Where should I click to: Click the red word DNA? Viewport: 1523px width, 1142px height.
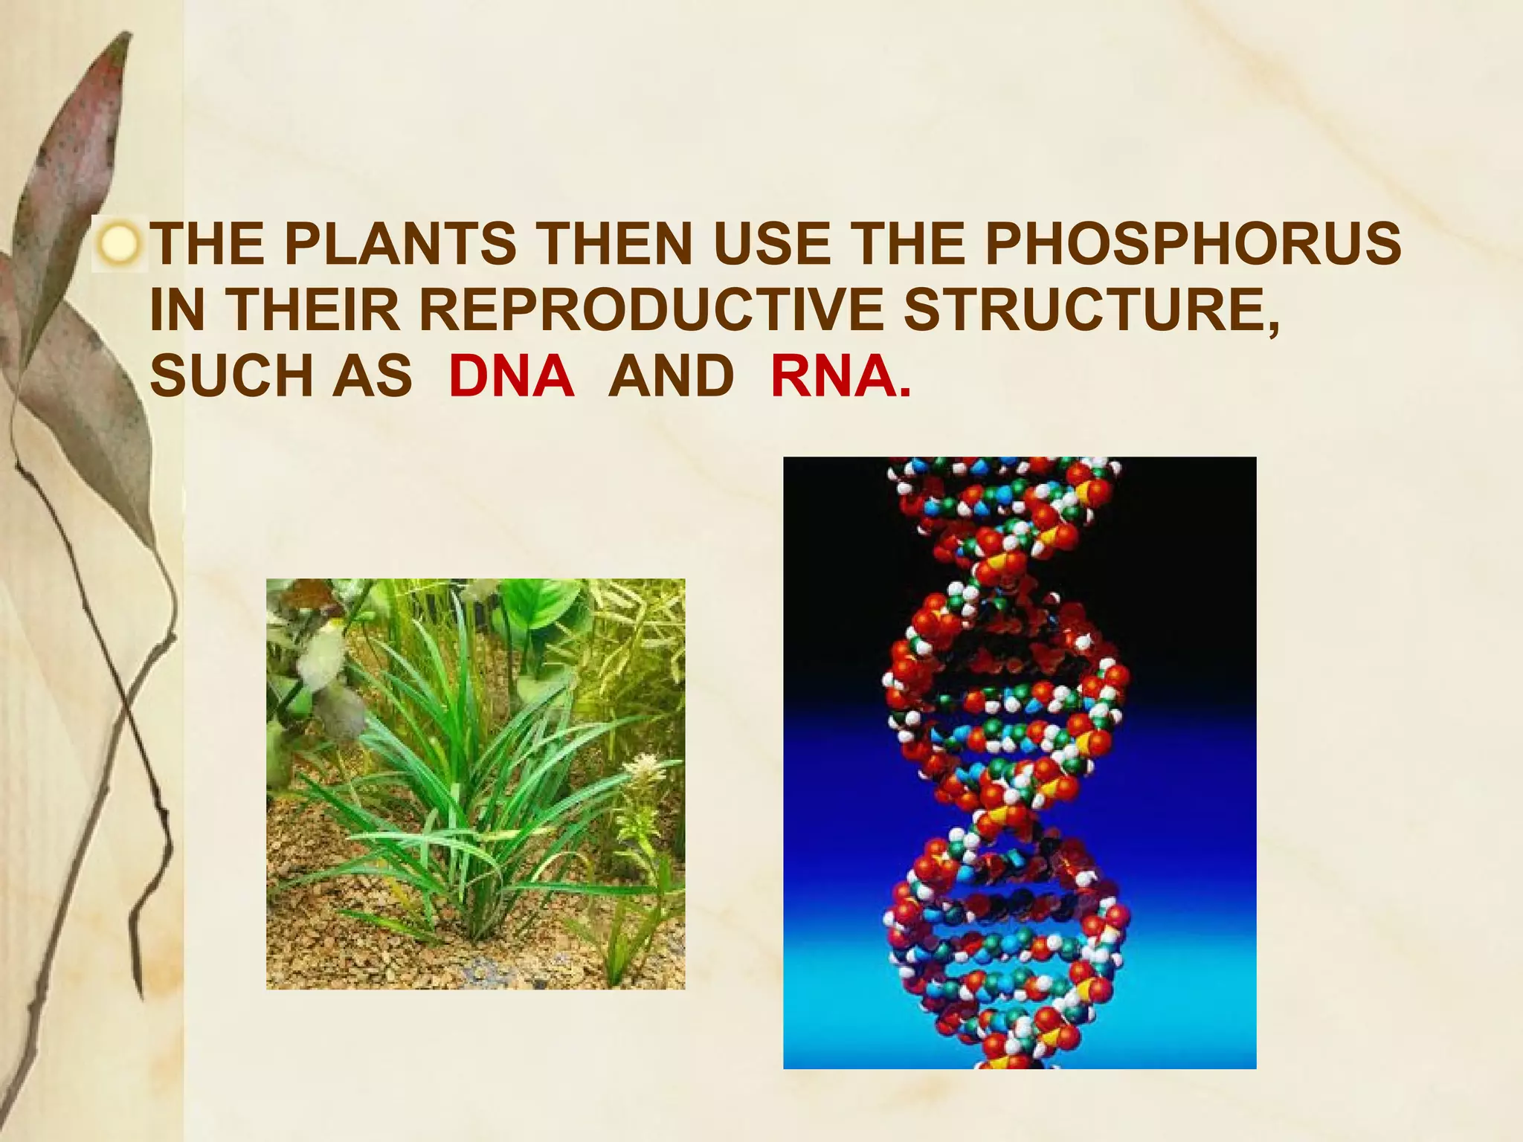(511, 375)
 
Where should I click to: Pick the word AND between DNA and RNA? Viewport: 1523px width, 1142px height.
(672, 375)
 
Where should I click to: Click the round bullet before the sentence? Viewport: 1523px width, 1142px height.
(120, 245)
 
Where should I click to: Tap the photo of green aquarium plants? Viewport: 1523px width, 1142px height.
(475, 784)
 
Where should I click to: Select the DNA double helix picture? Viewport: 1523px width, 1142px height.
(1020, 762)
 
